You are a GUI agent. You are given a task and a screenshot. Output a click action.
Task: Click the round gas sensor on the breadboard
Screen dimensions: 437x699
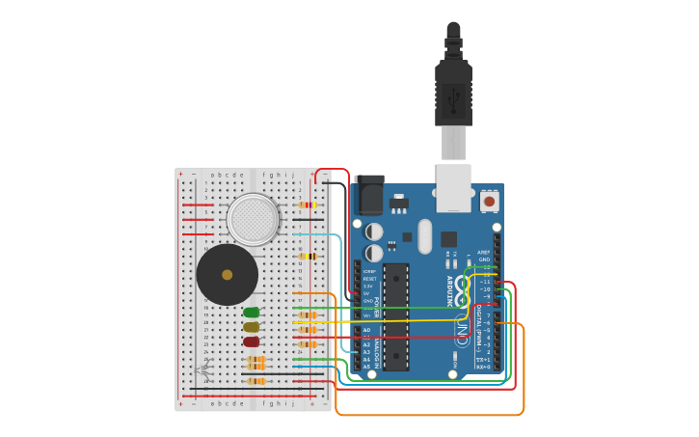point(253,219)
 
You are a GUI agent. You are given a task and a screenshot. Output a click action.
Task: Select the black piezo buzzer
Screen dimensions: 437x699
point(228,275)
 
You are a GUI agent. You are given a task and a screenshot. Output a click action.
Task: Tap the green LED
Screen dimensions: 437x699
point(252,313)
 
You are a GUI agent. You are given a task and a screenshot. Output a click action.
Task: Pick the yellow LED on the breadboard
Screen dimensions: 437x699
point(252,327)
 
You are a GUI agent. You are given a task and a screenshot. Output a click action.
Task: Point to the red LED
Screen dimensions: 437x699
point(252,341)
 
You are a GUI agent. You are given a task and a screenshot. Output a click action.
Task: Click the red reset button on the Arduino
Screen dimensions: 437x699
point(490,202)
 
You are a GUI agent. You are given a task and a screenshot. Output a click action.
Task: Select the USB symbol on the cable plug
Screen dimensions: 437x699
point(453,97)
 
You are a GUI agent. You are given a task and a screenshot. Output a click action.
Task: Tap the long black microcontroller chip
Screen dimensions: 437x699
point(396,316)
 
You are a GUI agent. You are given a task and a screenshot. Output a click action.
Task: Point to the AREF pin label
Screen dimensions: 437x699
point(484,252)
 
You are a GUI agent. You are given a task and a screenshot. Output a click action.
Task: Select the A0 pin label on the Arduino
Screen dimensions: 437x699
point(366,330)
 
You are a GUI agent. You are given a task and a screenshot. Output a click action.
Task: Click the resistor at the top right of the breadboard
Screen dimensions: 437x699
point(308,205)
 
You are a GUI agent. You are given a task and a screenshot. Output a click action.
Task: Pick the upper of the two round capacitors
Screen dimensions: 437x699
point(374,232)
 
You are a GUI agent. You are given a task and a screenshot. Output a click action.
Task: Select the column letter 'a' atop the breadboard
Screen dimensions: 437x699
point(213,175)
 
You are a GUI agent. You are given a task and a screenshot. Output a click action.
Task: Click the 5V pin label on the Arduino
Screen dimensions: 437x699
point(366,293)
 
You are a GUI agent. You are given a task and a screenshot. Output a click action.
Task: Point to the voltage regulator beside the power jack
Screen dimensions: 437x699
point(398,204)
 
